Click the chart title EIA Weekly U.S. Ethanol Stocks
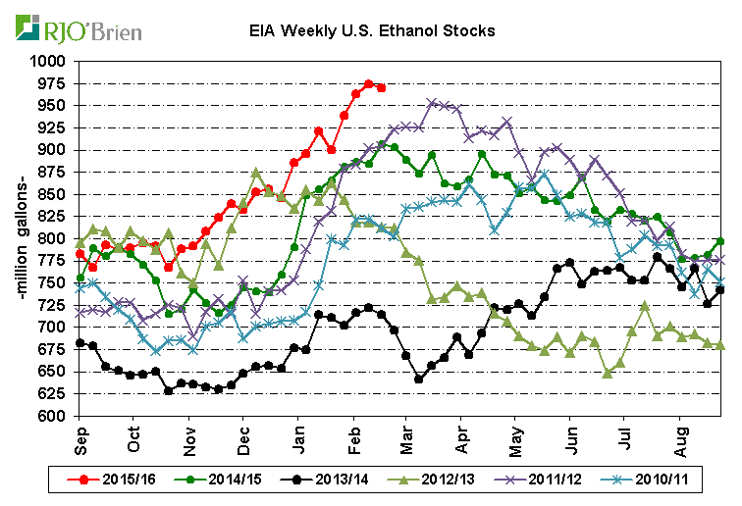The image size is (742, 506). tap(371, 30)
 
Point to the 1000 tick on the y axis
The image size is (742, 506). tap(49, 61)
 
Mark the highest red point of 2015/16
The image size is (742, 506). tap(369, 84)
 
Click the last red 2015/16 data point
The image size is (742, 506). tap(381, 88)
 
